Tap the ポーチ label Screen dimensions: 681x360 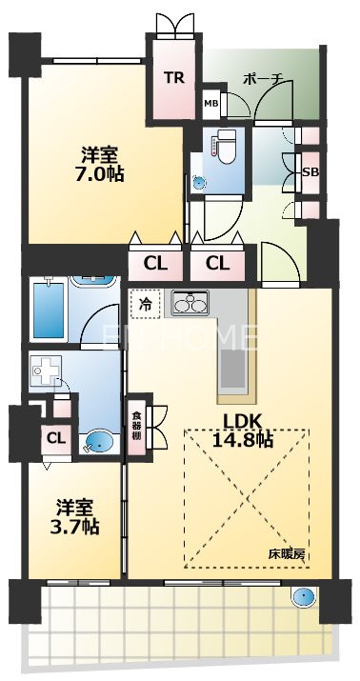tap(263, 79)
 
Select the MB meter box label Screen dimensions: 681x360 tap(210, 102)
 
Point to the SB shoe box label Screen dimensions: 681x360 tap(310, 172)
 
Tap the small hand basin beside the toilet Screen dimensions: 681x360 tap(198, 179)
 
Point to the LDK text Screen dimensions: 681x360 tap(245, 420)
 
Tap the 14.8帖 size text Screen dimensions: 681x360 tap(245, 440)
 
